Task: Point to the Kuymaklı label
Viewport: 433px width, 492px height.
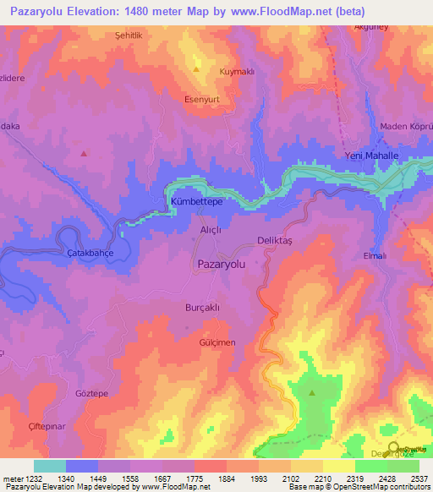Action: tap(237, 72)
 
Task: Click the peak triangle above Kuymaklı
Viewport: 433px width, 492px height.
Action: tap(197, 68)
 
